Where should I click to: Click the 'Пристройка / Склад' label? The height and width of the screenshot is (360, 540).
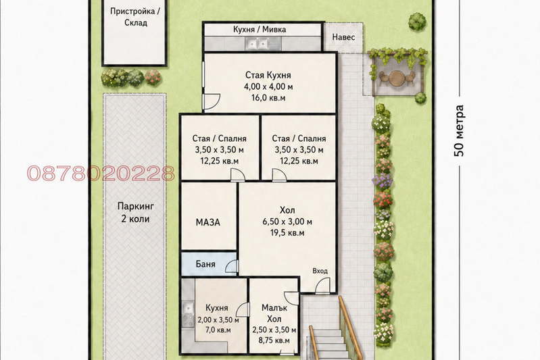134,17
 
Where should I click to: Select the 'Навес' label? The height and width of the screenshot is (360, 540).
343,37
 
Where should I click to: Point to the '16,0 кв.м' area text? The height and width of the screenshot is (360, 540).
268,98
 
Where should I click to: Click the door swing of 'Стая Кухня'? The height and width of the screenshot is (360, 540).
212,101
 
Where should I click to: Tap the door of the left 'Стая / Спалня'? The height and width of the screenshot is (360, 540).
238,174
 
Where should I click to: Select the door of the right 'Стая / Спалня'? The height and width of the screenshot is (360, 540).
279,174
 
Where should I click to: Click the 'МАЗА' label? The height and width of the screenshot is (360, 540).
207,222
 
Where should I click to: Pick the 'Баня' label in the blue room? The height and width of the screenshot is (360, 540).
205,264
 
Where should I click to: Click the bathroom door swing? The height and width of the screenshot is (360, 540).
231,267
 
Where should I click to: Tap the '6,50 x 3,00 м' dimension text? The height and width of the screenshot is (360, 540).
287,222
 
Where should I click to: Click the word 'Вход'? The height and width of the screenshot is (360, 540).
320,271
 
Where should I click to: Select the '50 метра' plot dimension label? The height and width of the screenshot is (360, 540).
459,130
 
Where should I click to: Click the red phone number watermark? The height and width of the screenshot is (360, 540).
101,174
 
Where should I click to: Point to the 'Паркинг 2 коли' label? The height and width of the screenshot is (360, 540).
135,212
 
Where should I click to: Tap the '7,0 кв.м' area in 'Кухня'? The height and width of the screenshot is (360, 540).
218,330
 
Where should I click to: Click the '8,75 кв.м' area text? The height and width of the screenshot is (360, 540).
274,340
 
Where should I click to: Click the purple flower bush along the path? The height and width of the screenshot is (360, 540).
383,181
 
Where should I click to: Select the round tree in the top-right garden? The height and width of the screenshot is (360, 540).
418,22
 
